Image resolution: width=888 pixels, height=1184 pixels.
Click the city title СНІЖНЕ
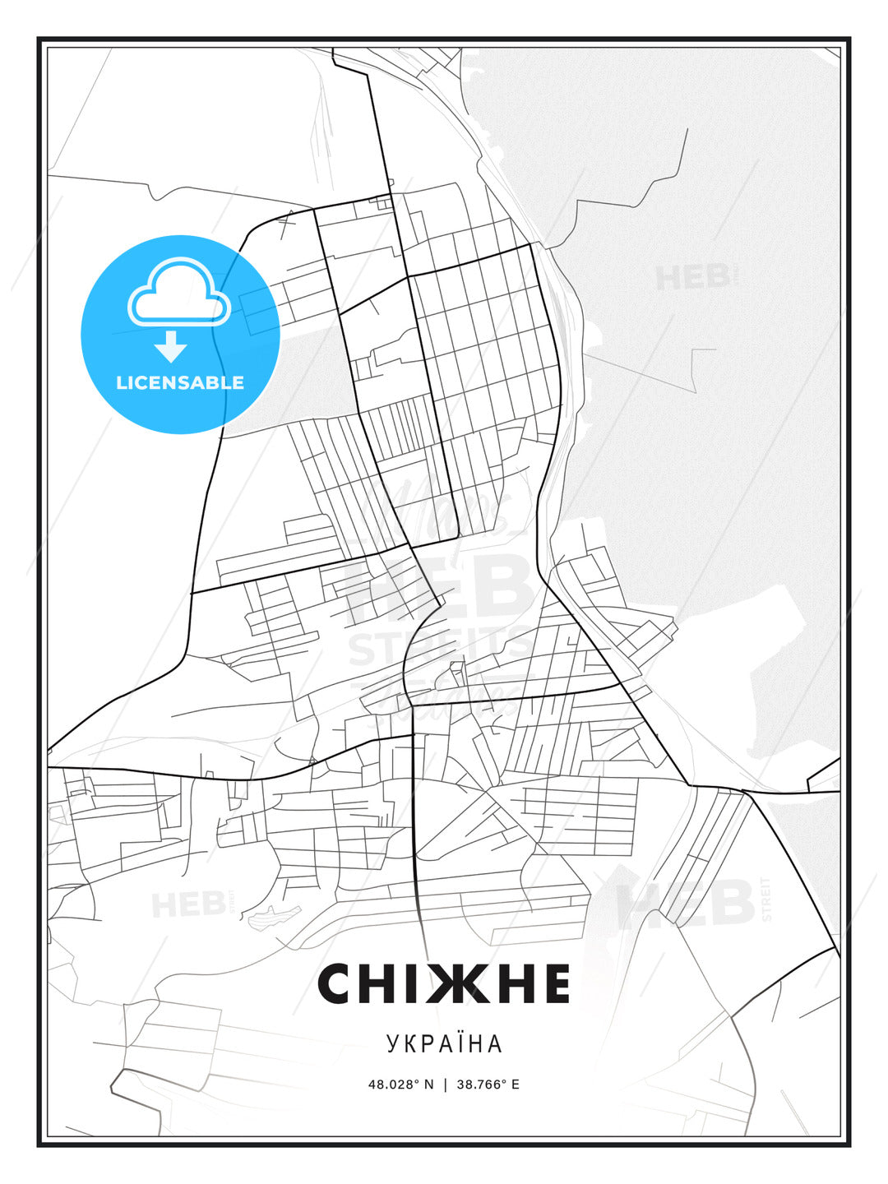coord(444,983)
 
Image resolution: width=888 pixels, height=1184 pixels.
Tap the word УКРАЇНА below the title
coord(444,1043)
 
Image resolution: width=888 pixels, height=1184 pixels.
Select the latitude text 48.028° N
coord(400,1085)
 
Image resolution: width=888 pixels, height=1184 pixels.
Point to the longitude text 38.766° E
coord(489,1085)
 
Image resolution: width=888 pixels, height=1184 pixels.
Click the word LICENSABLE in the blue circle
coord(180,382)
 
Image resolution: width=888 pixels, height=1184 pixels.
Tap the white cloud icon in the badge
coord(178,292)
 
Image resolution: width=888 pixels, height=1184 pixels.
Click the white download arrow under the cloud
coord(171,346)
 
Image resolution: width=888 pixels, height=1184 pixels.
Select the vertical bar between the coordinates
coord(445,1085)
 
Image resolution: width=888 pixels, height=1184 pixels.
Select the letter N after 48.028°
coord(428,1085)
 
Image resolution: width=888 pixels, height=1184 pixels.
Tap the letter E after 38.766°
coord(516,1085)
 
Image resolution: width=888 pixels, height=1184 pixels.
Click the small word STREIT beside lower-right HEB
coord(767,900)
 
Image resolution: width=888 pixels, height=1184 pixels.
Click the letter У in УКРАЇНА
coord(391,1043)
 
